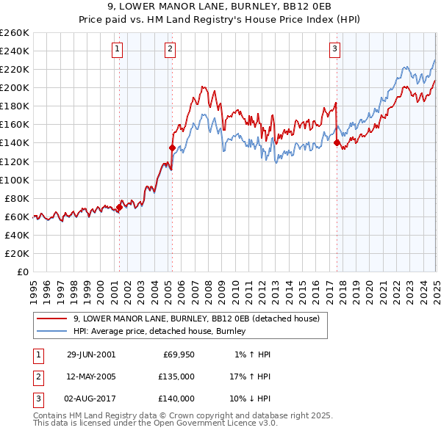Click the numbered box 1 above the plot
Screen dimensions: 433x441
coord(118,49)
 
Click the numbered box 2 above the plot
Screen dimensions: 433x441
coord(170,49)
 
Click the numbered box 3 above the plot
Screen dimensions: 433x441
coord(334,49)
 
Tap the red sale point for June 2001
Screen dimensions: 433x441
coord(119,208)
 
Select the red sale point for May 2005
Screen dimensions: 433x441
coord(171,148)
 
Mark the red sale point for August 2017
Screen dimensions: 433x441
coord(337,143)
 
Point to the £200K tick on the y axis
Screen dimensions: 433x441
coord(15,87)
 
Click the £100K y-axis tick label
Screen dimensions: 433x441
coord(15,180)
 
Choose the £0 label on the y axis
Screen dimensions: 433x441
coord(21,272)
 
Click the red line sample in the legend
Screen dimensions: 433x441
coord(52,319)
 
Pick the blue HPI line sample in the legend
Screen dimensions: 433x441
coord(52,332)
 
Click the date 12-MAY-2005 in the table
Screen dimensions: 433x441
coord(91,376)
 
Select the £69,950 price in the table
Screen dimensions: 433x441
coord(179,354)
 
